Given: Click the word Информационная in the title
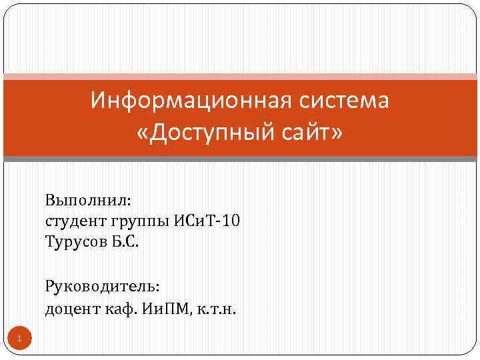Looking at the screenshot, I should coord(185,101).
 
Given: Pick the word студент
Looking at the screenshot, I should coord(73,221).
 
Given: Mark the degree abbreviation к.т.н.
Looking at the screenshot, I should coord(216,309).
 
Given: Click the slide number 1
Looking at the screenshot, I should coord(20,340).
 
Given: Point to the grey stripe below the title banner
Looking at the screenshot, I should coord(240,159).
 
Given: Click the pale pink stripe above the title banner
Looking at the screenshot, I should coord(240,76).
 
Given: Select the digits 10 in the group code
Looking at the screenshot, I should coord(228,221).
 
